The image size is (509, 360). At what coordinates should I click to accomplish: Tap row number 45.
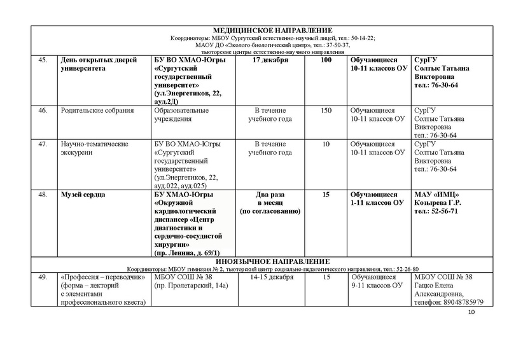(43, 60)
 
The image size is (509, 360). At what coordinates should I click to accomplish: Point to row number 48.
(43, 194)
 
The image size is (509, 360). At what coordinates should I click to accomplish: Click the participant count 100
(326, 60)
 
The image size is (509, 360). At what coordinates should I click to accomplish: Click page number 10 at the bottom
(471, 314)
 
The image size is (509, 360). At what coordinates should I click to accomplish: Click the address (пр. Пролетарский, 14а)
(191, 286)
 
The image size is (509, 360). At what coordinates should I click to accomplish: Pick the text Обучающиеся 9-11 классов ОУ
(378, 282)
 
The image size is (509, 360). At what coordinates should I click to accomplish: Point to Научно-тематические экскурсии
(95, 148)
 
